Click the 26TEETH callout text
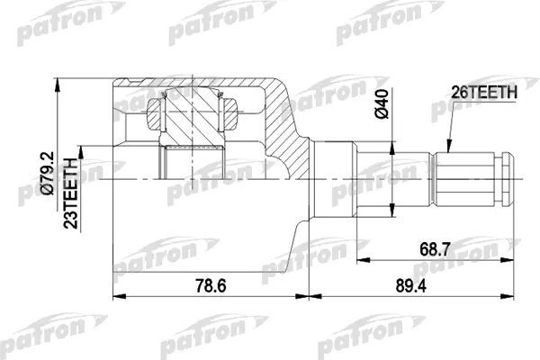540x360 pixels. (483, 91)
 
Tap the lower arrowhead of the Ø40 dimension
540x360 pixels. (393, 214)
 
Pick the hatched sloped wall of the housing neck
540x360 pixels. (290, 135)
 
